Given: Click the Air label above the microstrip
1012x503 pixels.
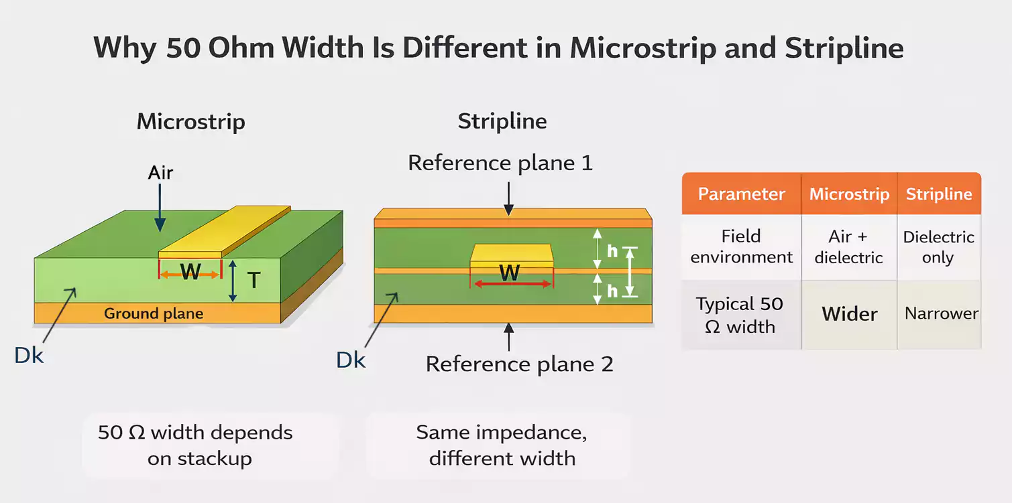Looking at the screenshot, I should coord(161,173).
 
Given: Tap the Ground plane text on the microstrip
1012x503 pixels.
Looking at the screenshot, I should coord(154,313).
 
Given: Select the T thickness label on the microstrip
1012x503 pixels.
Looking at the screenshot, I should coord(254,279).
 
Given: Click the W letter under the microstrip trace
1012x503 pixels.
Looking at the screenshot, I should coord(190,272).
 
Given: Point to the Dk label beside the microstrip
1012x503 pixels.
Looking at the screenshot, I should coord(29,355).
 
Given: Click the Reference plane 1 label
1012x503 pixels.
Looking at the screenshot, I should coord(500,163).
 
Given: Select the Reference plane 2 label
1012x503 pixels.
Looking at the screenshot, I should coord(520,364).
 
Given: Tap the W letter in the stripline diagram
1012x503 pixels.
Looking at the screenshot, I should coord(510,273).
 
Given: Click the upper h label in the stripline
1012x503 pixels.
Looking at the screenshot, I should coord(612,251).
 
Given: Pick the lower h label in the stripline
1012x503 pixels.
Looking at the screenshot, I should coord(612,291).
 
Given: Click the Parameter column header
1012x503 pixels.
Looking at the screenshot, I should coord(741,194).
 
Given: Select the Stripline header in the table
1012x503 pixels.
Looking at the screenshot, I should coord(939,194).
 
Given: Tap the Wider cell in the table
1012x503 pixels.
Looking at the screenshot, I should coord(850,314).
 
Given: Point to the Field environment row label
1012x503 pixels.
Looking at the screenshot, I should coord(741,246).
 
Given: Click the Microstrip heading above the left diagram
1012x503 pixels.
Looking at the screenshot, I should coord(191,122).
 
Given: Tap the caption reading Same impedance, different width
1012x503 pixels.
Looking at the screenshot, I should coord(502,445).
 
